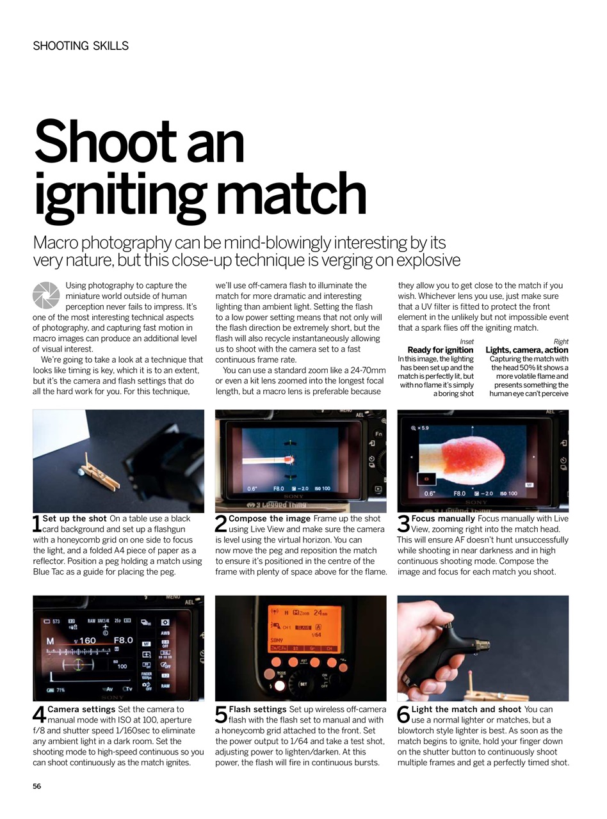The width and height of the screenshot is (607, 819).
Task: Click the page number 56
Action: click(37, 786)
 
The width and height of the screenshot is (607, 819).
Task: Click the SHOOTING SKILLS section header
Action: click(81, 46)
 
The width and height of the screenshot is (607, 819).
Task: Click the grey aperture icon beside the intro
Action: click(46, 295)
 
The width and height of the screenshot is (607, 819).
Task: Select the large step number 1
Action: click(36, 524)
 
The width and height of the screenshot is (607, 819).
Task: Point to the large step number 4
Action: click(38, 715)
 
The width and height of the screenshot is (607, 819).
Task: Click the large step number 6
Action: click(403, 715)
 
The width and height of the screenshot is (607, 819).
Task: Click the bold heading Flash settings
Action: click(257, 709)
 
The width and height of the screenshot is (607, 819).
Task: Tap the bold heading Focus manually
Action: click(443, 518)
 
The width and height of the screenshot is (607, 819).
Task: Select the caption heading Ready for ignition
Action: click(441, 350)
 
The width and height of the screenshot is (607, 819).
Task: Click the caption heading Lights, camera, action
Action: click(527, 350)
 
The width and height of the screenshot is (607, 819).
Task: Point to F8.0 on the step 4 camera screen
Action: click(123, 640)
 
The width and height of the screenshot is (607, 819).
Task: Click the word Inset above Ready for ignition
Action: click(467, 342)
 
